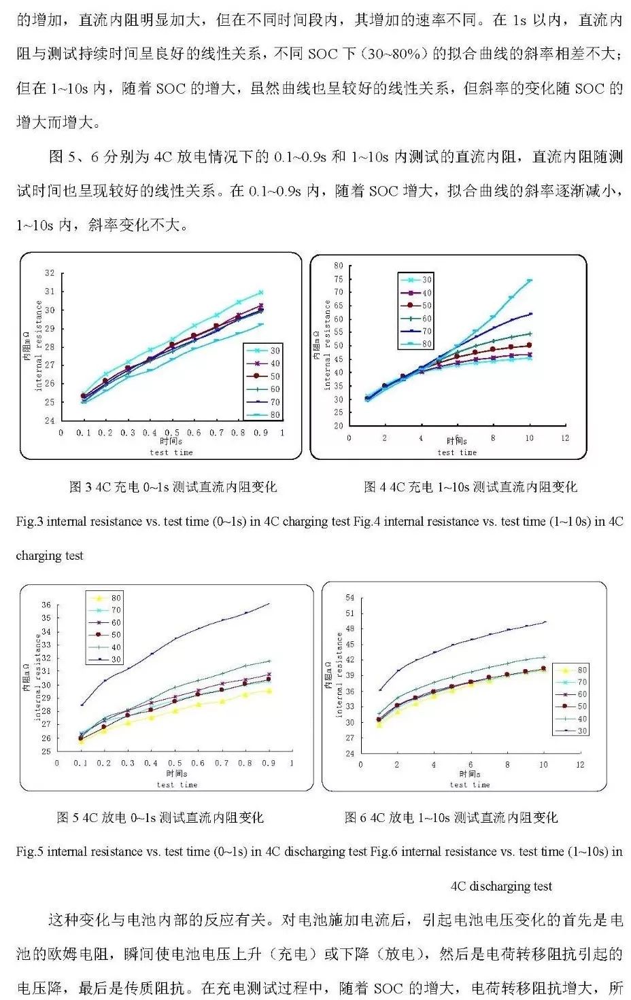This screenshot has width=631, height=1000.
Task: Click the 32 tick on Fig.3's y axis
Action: click(50, 273)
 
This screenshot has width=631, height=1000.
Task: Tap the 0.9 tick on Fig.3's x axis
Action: click(260, 433)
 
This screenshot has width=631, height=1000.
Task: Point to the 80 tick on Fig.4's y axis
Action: click(338, 266)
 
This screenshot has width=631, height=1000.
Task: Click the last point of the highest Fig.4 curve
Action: click(530, 280)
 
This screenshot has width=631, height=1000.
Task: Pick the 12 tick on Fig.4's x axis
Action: click(565, 438)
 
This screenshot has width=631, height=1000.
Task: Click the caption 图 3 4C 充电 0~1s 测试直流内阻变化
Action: click(173, 487)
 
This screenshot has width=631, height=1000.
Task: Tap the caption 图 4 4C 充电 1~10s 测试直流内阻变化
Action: click(471, 487)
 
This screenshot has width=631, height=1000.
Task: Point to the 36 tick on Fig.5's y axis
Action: click(46, 605)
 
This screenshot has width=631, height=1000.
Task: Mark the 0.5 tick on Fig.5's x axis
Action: click(175, 764)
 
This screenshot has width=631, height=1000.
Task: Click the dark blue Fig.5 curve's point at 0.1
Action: click(82, 704)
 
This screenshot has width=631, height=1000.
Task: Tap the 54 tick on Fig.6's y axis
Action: click(349, 598)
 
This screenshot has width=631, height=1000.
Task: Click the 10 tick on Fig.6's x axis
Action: click(543, 765)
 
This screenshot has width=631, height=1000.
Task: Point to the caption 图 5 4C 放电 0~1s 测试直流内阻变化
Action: click(160, 818)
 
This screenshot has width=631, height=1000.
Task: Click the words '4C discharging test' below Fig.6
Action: click(501, 887)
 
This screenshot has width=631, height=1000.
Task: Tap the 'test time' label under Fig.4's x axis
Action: click(457, 452)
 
